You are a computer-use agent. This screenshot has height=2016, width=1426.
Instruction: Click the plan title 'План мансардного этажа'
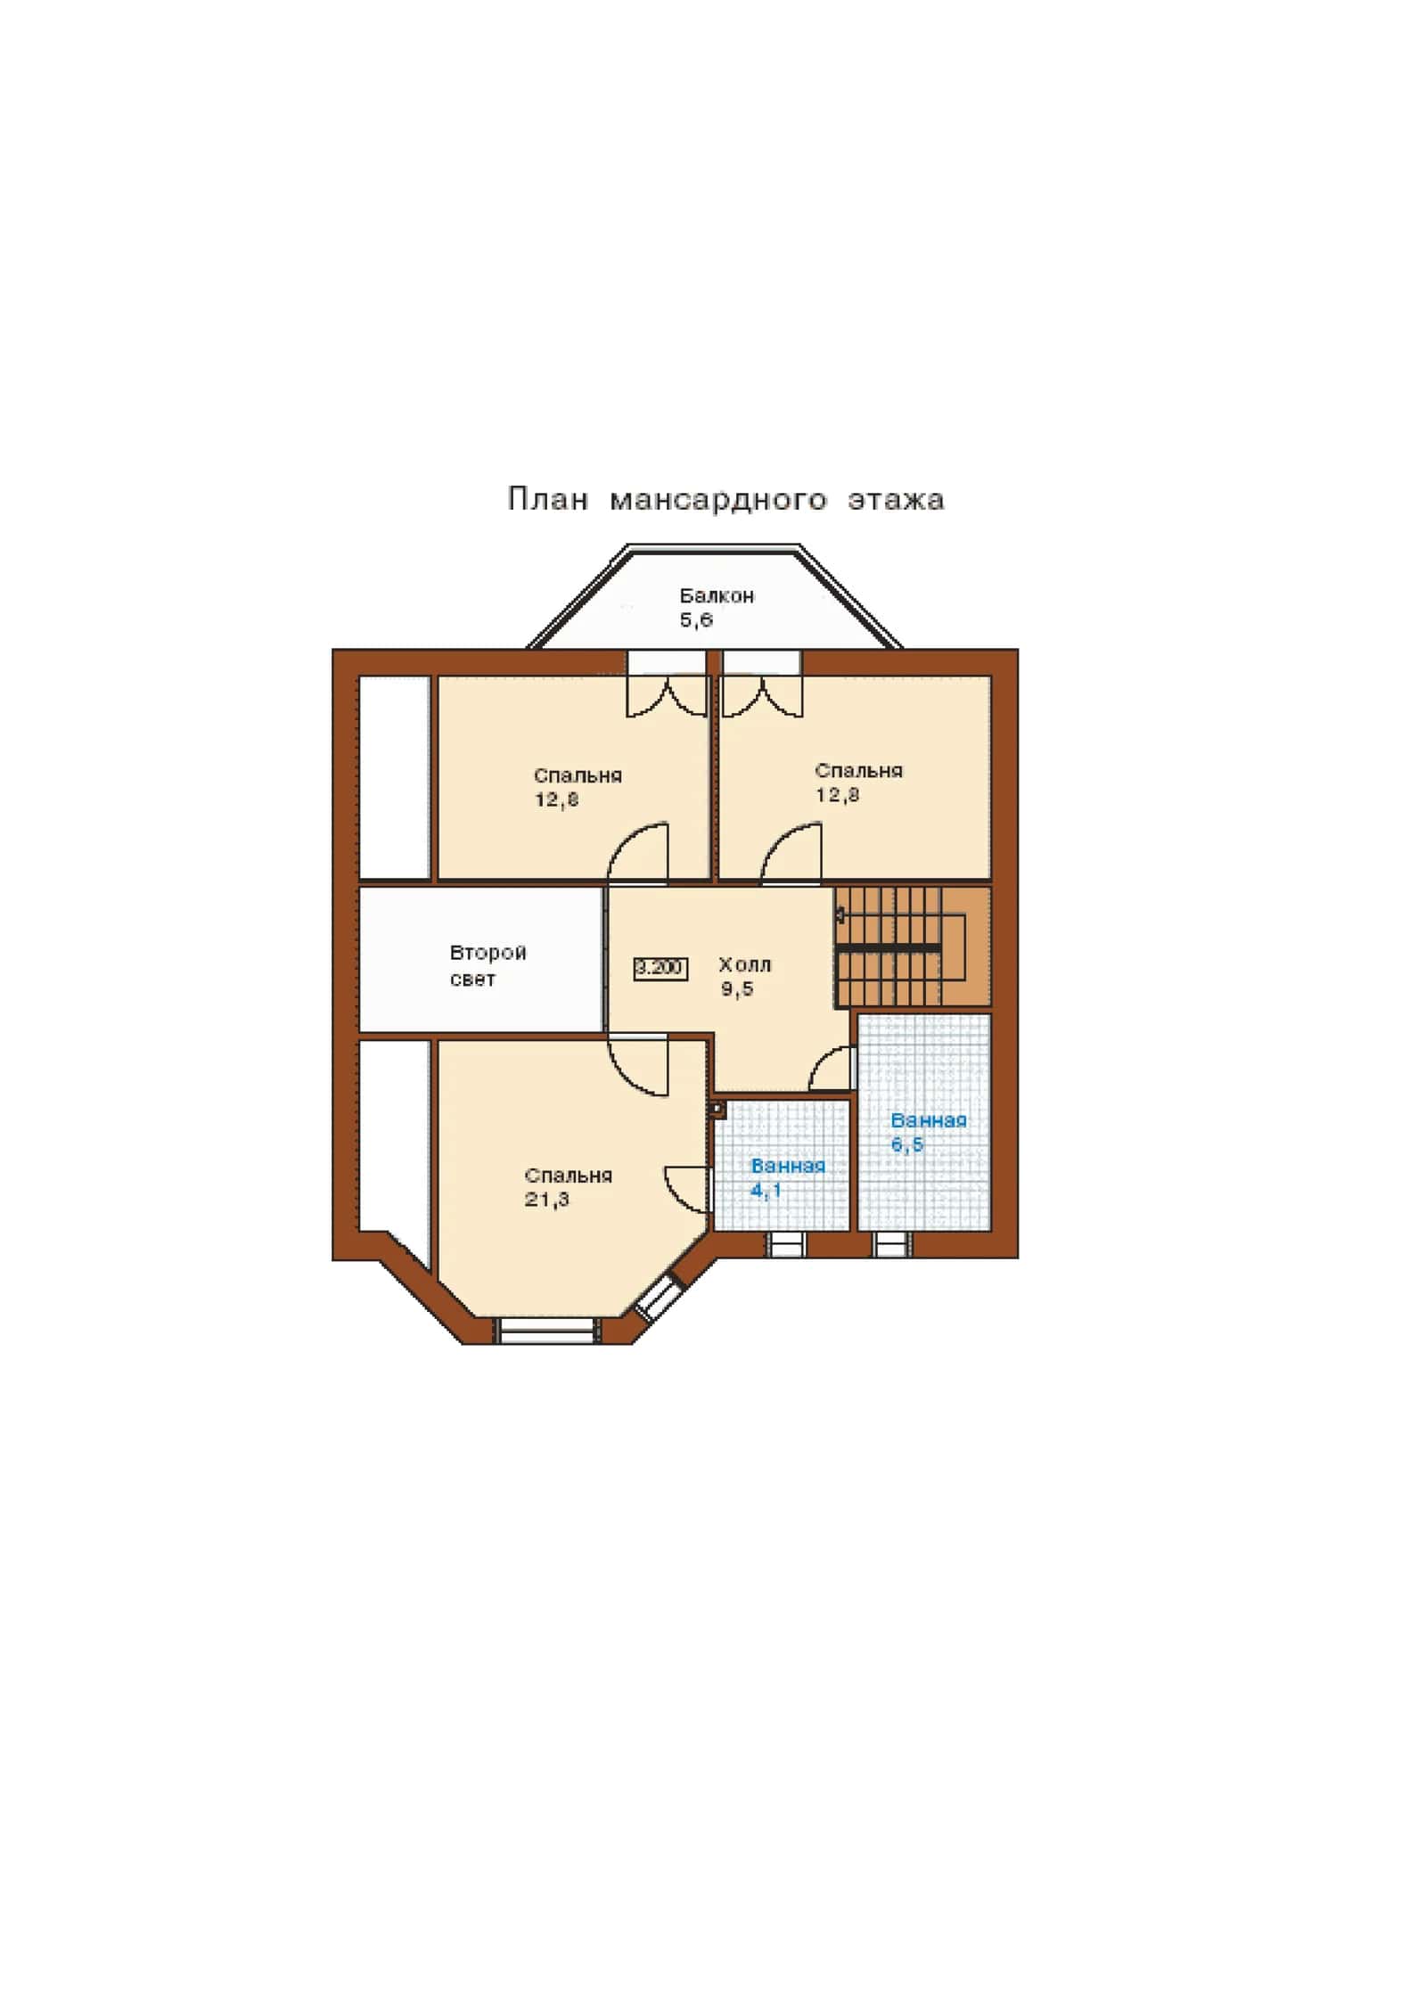click(725, 499)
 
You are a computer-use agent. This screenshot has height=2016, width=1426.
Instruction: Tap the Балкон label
click(717, 595)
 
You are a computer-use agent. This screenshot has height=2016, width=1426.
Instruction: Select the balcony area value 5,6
click(696, 619)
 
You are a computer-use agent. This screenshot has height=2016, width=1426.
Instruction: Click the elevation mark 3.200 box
click(660, 967)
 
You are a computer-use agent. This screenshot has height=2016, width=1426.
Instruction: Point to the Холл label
click(744, 964)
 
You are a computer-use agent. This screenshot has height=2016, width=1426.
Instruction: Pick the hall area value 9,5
click(737, 988)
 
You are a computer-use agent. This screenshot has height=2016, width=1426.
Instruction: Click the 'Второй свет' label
click(488, 965)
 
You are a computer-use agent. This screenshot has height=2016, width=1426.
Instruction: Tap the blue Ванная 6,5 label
click(929, 1132)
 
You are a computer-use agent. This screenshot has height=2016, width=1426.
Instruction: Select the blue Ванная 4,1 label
click(788, 1177)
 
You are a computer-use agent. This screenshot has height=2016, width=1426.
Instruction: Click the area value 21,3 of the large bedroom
click(546, 1200)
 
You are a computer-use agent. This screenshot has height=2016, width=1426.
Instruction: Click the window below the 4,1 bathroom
click(786, 1244)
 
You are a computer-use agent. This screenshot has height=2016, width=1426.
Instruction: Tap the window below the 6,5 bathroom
click(892, 1244)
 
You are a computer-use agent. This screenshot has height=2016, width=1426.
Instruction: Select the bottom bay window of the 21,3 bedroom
click(546, 1331)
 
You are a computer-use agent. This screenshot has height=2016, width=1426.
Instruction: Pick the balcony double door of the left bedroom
click(667, 684)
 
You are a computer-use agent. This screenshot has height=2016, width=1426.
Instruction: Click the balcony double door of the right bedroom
click(762, 684)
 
